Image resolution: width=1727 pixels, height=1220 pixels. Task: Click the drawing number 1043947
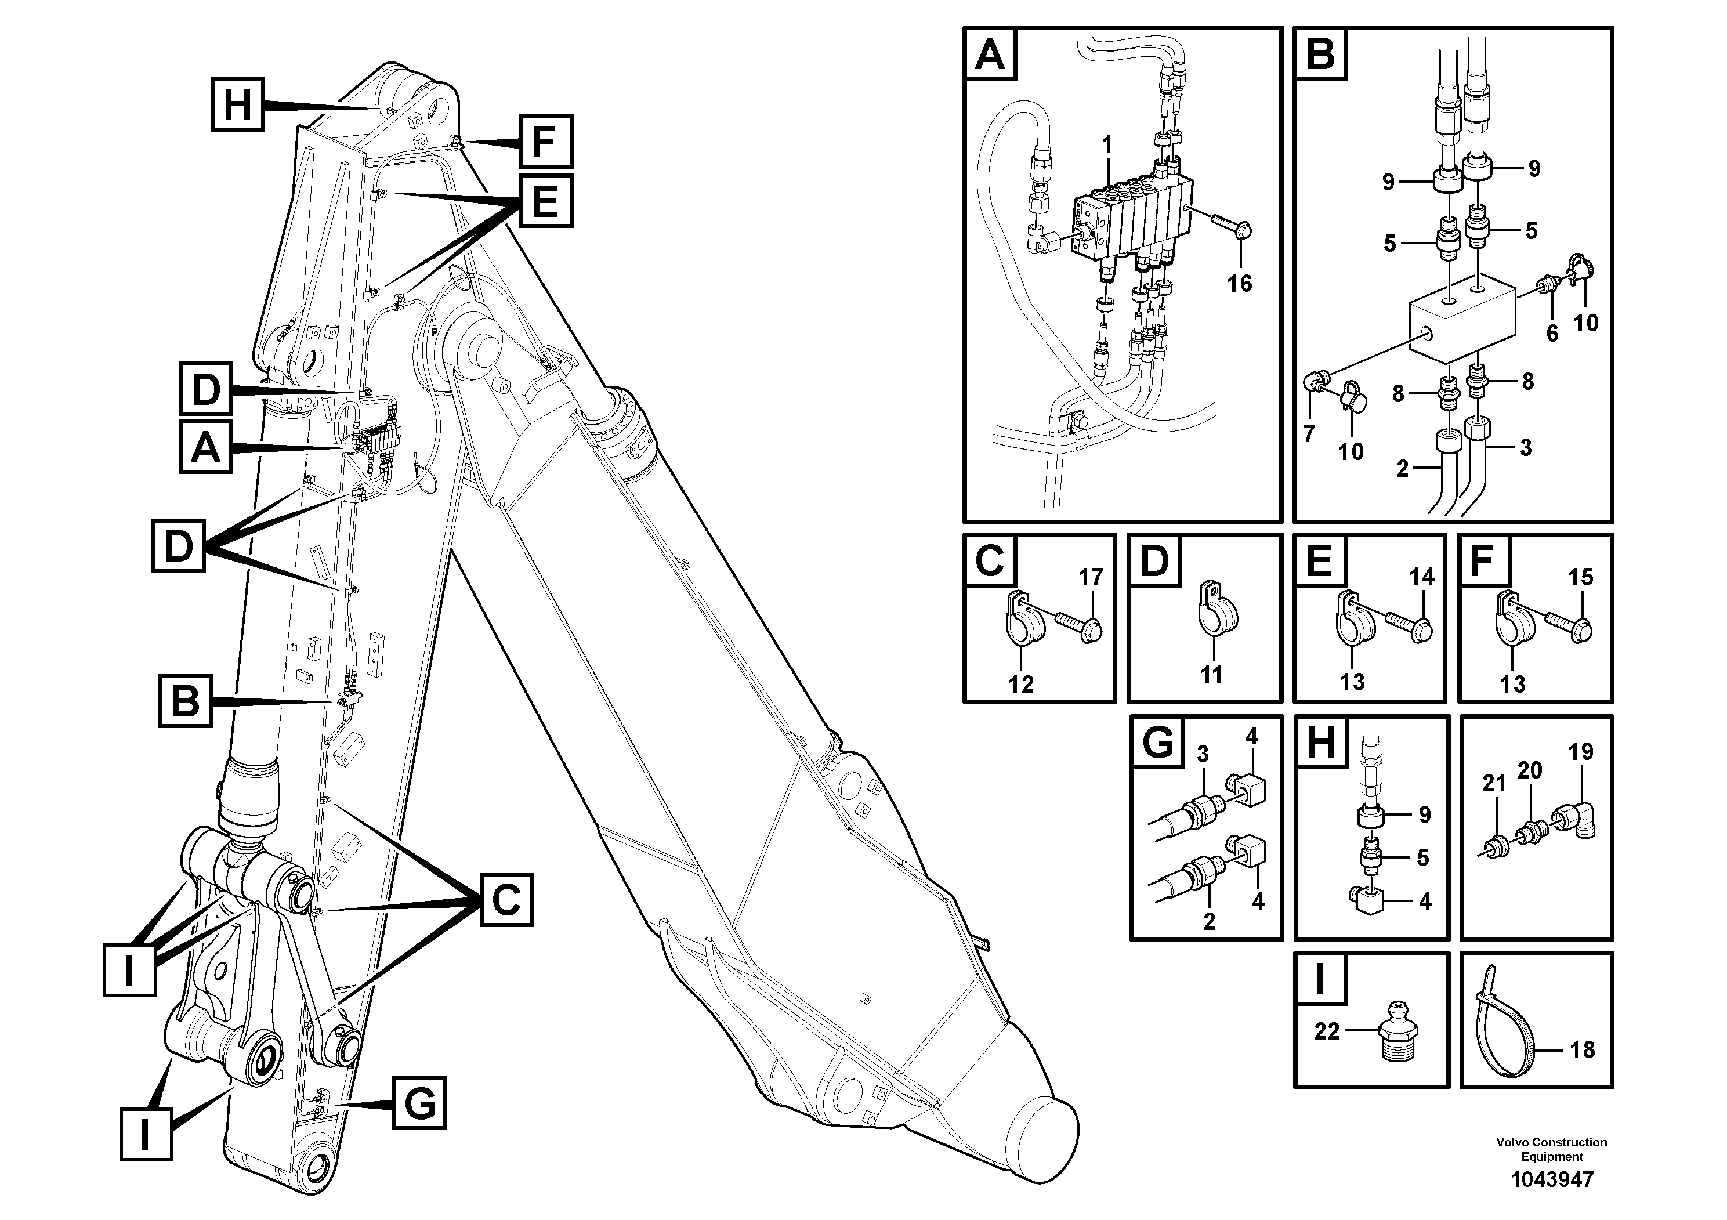pos(1552,1179)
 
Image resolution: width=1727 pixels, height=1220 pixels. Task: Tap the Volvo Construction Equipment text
pos(1552,1149)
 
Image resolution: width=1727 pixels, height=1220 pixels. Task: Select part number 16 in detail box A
pos(1240,284)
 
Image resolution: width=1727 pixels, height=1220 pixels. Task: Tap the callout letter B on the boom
pos(185,701)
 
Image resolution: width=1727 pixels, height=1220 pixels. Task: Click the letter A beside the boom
pos(205,449)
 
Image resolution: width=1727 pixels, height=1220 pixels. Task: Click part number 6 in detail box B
pos(1552,332)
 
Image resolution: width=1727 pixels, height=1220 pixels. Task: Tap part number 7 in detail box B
pos(1309,434)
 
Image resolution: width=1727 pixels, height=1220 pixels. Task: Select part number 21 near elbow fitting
pos(1494,784)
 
